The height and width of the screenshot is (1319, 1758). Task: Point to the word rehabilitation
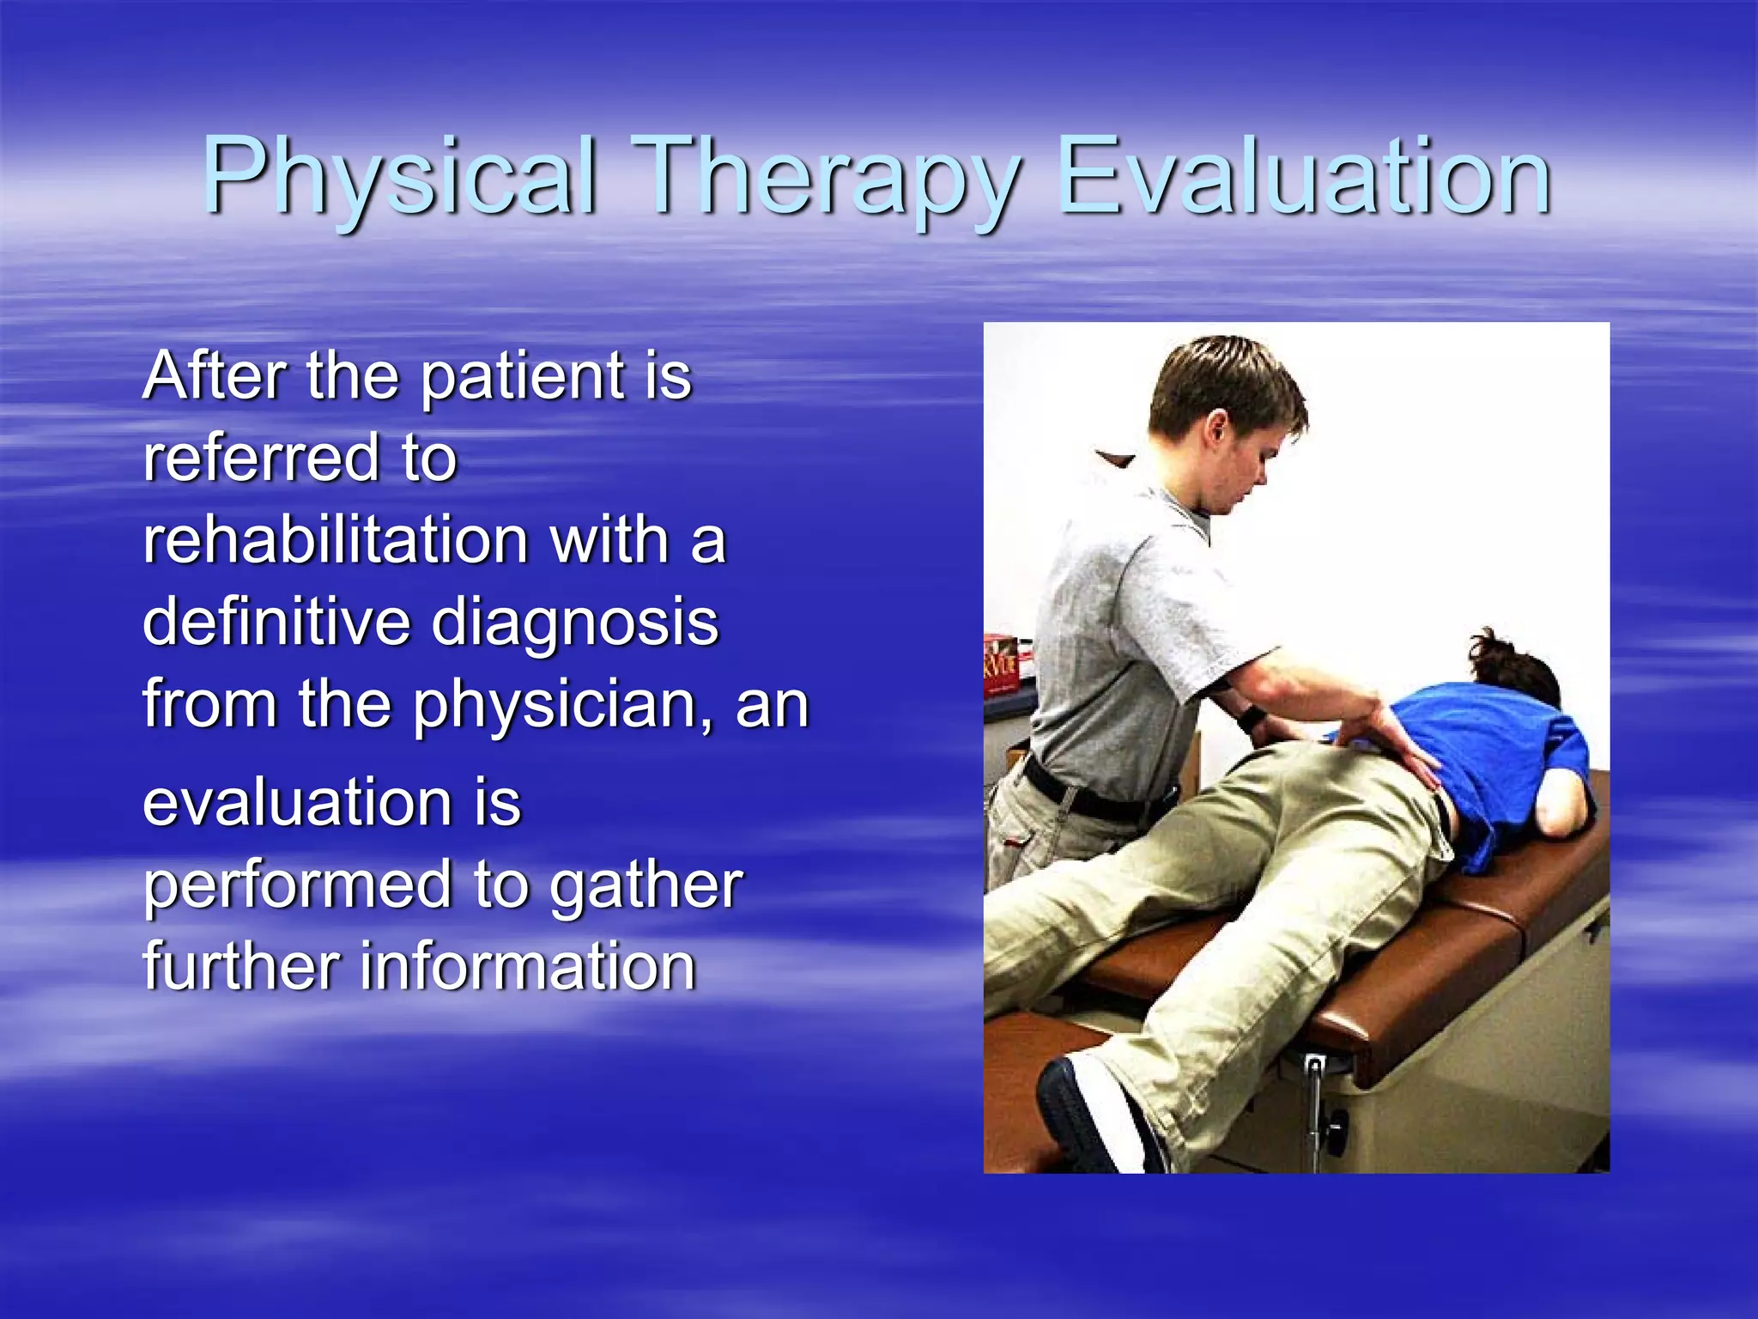tap(335, 541)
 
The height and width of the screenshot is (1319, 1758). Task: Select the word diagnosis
tap(575, 623)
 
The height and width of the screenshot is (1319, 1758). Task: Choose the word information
tap(527, 966)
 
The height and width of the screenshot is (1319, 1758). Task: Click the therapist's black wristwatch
tap(1250, 718)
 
